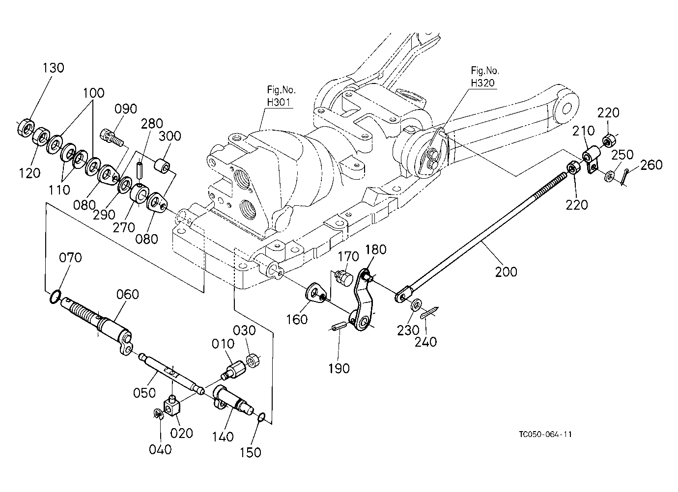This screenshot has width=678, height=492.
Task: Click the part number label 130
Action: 53,68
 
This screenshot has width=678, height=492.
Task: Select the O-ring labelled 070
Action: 55,297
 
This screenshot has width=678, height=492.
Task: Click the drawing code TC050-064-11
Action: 545,434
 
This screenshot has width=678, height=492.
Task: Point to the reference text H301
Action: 279,102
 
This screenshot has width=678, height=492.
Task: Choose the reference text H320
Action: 483,83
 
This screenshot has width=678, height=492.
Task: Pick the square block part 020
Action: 172,406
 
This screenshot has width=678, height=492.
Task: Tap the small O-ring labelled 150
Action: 262,417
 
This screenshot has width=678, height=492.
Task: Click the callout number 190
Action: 339,369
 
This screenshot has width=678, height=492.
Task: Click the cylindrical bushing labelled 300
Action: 162,166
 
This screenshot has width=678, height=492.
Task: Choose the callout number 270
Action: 123,227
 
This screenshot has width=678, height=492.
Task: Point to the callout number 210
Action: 584,131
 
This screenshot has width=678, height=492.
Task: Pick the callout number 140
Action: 223,437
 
